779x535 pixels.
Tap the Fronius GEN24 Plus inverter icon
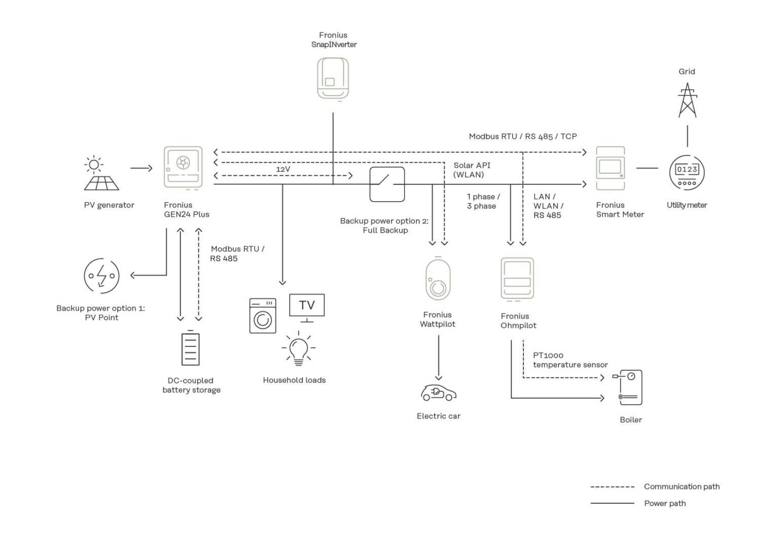coord(183,168)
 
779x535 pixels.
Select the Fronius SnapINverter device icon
coord(333,79)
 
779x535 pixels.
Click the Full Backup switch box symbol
coord(387,184)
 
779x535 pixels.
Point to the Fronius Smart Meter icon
coord(610,168)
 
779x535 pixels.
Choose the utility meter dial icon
coord(687,172)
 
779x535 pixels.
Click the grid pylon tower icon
coord(688,100)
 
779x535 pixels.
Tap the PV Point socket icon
coord(101,276)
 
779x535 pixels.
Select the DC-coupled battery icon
coord(190,348)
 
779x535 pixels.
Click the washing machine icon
coord(263,316)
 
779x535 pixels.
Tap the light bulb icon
coord(298,349)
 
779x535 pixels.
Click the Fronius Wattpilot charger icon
coord(438,279)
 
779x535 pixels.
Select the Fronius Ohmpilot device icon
coord(517,279)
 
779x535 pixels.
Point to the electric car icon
coord(439,393)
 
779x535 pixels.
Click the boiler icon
coord(627,388)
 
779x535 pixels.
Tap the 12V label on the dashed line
coord(283,169)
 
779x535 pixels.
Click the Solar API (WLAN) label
coord(472,170)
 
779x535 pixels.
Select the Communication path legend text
coord(682,486)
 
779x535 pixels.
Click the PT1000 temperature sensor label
coord(571,360)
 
